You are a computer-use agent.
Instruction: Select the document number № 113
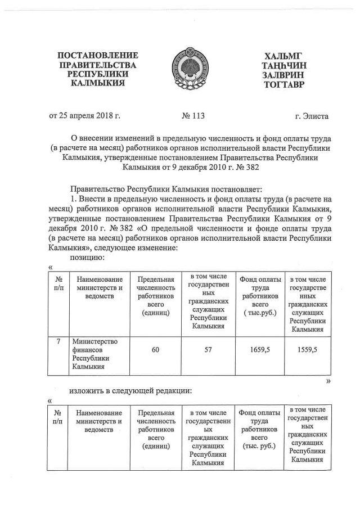pos(193,116)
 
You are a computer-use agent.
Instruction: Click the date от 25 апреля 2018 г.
pos(85,116)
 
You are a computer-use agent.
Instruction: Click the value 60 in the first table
pos(155,350)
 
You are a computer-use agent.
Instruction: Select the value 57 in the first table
pos(208,350)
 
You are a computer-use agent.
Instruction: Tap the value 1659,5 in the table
pos(260,350)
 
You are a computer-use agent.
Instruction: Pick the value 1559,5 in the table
pos(307,350)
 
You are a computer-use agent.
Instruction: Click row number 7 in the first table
pos(58,341)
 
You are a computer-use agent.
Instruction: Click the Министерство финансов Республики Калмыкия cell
pos(93,354)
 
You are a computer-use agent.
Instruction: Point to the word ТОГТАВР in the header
pos(283,85)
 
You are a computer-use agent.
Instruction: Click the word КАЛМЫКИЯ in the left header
pos(98,85)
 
